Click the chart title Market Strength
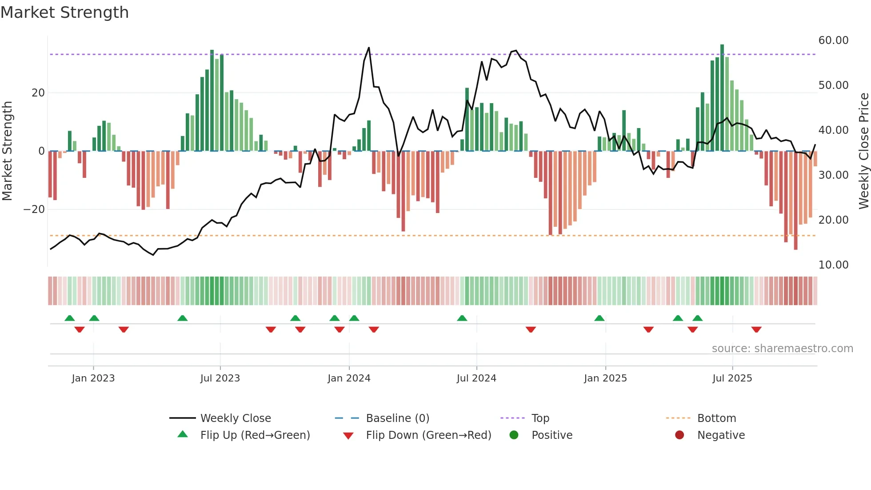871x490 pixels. pyautogui.click(x=64, y=12)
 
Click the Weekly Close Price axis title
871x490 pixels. pyautogui.click(x=863, y=151)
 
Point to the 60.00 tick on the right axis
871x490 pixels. pyautogui.click(x=833, y=40)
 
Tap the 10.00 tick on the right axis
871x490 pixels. pyautogui.click(x=833, y=265)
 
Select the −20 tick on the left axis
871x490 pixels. pyautogui.click(x=34, y=209)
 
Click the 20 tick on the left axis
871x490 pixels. pyautogui.click(x=38, y=93)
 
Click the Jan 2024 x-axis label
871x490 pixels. pyautogui.click(x=349, y=378)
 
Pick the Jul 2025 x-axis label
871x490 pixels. pyautogui.click(x=732, y=378)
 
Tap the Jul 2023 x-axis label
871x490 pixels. pyautogui.click(x=220, y=378)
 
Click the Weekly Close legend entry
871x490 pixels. pyautogui.click(x=235, y=418)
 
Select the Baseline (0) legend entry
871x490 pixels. pyautogui.click(x=397, y=418)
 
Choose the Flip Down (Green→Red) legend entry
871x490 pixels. pyautogui.click(x=428, y=435)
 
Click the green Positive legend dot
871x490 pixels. pyautogui.click(x=514, y=435)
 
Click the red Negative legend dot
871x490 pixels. pyautogui.click(x=679, y=435)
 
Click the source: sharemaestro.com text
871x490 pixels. pyautogui.click(x=782, y=349)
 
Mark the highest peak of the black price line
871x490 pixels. pyautogui.click(x=369, y=48)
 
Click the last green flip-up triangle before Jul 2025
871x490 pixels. pyautogui.click(x=698, y=318)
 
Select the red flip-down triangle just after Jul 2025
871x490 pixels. pyautogui.click(x=756, y=329)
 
